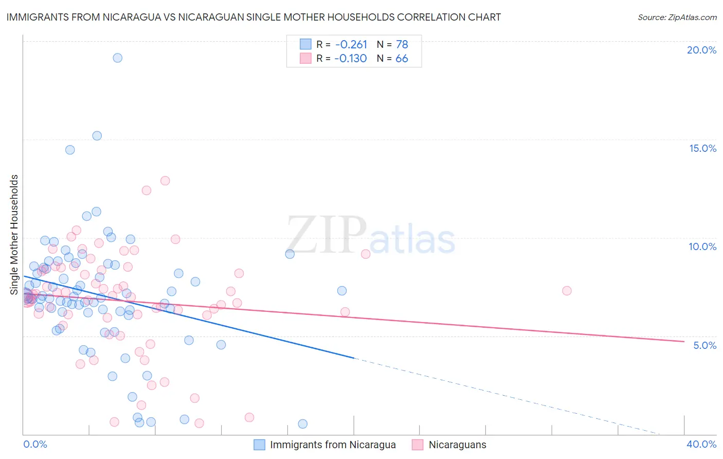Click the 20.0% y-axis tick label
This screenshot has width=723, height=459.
click(x=701, y=50)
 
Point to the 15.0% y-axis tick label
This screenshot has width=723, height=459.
click(x=702, y=148)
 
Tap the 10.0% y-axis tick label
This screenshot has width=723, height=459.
click(x=702, y=246)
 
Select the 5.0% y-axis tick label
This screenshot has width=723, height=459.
click(x=704, y=345)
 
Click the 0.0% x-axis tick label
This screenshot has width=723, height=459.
click(x=35, y=444)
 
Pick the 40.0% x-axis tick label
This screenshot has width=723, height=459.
click(x=701, y=444)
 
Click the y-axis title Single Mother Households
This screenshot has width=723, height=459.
click(x=14, y=235)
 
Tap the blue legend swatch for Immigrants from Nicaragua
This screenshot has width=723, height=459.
click(x=260, y=445)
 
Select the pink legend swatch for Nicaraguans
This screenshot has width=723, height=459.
click(x=418, y=445)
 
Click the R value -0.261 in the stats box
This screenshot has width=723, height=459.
click(x=351, y=44)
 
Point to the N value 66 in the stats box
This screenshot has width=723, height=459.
click(x=402, y=59)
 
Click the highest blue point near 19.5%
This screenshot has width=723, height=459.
click(x=118, y=58)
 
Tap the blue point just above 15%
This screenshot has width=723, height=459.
click(x=97, y=136)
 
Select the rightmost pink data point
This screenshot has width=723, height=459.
click(x=567, y=291)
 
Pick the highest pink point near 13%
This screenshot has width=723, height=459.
click(x=165, y=181)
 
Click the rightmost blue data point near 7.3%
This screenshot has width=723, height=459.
click(x=342, y=291)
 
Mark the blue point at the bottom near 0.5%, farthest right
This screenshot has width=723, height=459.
click(x=303, y=424)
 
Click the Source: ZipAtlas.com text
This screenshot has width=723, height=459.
click(x=677, y=17)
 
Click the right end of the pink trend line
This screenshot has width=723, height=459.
click(x=684, y=341)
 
